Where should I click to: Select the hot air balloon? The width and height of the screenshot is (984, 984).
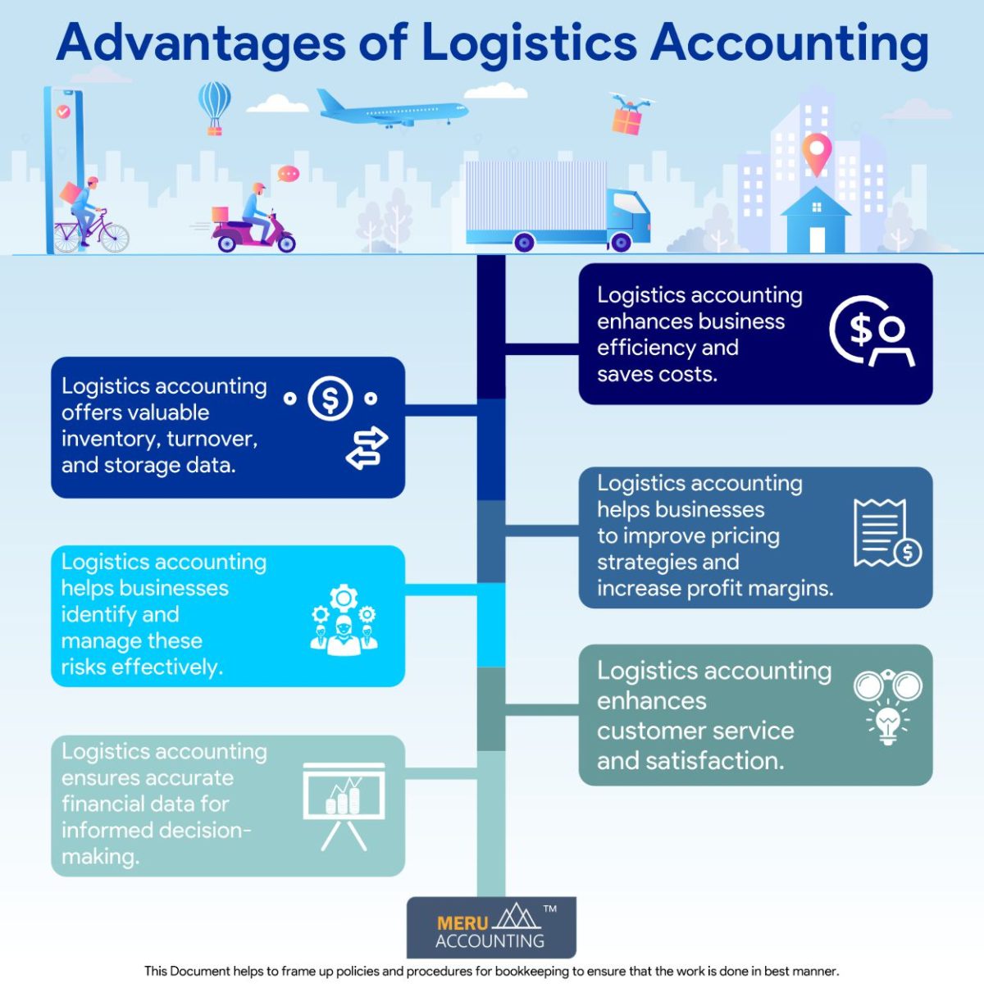[x=214, y=104]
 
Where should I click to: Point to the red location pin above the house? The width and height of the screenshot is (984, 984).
[x=816, y=153]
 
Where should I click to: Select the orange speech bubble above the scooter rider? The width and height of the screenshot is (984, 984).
[x=288, y=174]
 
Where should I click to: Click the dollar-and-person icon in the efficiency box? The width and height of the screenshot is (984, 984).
[x=870, y=331]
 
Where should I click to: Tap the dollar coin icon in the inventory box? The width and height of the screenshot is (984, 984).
[x=330, y=399]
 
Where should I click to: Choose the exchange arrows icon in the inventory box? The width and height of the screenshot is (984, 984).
[x=367, y=447]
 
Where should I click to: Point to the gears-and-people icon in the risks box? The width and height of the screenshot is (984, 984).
[x=344, y=621]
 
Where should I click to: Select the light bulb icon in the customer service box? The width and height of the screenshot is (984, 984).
[x=887, y=723]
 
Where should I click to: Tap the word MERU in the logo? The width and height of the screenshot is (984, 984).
[x=462, y=922]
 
